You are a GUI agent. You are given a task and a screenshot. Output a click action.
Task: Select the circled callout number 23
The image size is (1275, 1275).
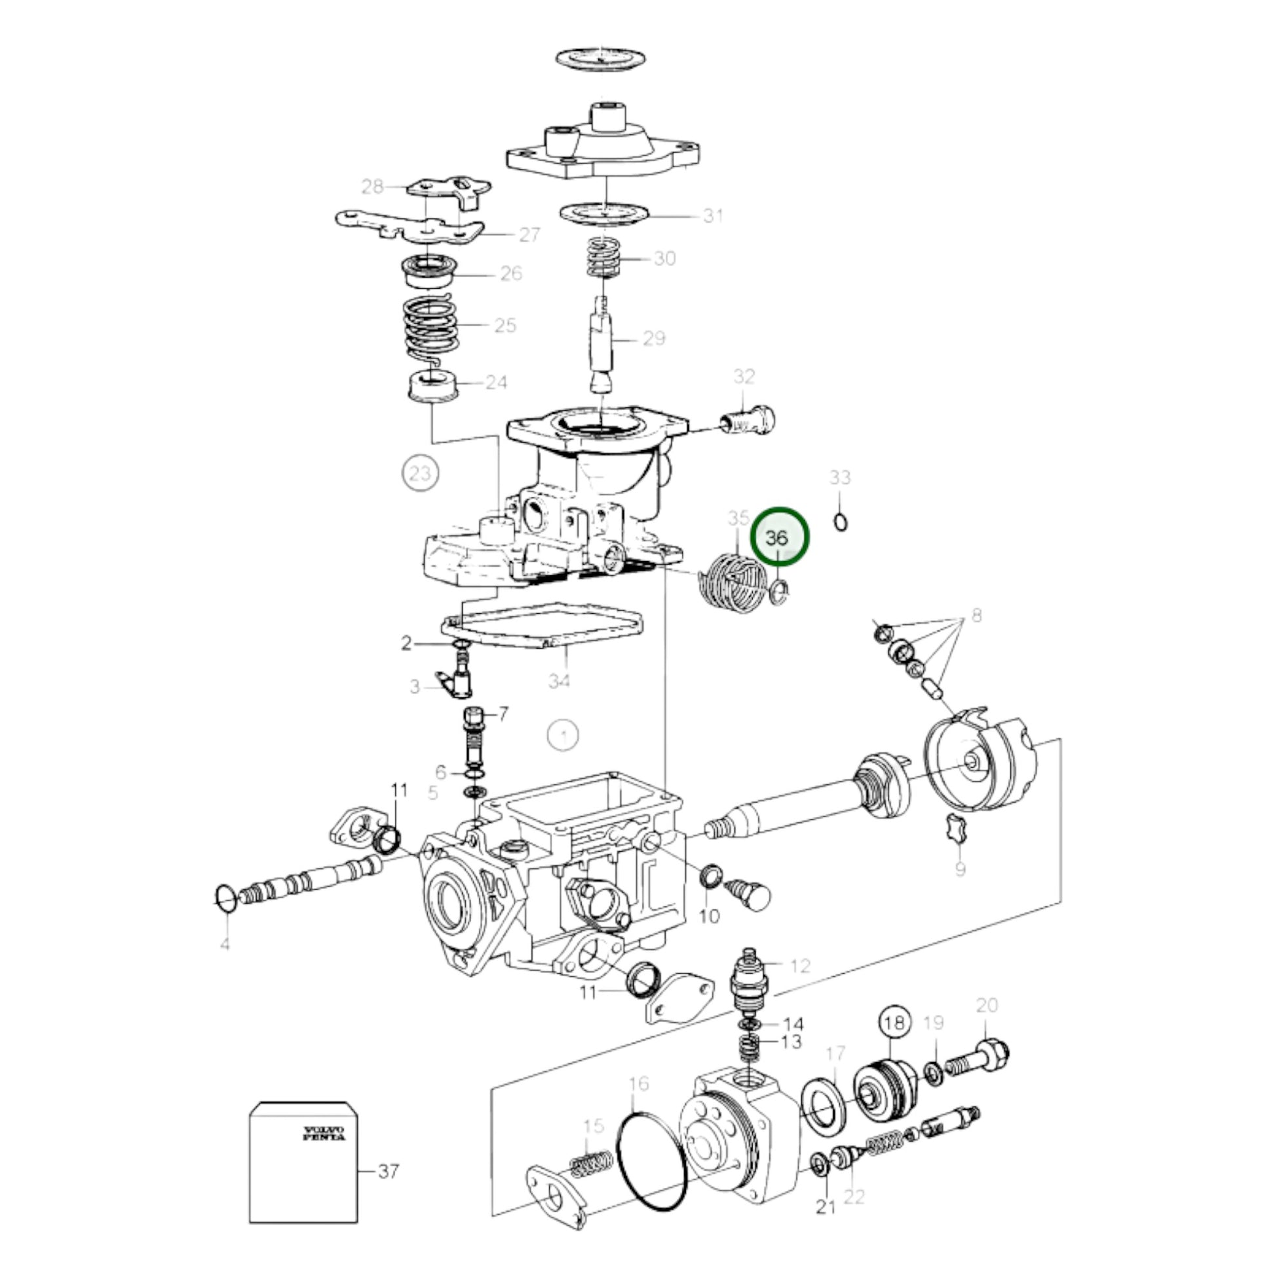[x=421, y=472]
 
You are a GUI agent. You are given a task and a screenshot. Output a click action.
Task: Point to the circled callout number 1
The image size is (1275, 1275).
[x=563, y=734]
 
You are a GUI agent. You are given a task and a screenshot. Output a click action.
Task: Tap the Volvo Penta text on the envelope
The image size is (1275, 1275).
[x=324, y=1132]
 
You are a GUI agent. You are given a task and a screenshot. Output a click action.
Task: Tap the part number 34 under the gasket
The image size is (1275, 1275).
[x=560, y=679]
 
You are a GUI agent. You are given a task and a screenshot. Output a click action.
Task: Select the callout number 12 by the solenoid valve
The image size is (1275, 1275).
[x=800, y=966]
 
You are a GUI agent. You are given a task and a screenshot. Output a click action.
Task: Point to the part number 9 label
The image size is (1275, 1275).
[x=961, y=869]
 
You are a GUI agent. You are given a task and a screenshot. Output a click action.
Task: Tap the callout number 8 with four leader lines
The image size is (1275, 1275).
[x=976, y=615]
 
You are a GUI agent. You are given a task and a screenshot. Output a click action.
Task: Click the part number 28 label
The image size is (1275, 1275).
[x=372, y=187]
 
